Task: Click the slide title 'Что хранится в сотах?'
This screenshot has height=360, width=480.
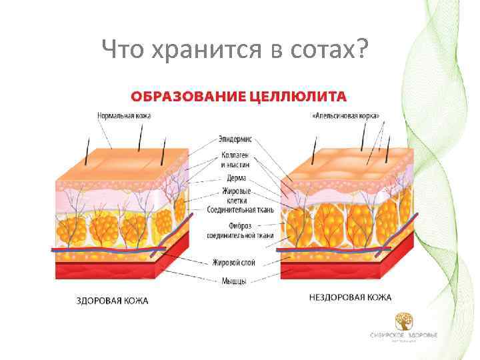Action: (235, 48)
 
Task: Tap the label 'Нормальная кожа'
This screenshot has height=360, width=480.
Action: (124, 115)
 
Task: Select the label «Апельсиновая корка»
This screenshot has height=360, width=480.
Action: (347, 115)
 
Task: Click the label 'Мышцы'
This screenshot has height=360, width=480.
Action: (234, 281)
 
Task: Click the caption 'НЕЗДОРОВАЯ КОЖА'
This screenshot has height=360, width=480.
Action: (350, 297)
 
